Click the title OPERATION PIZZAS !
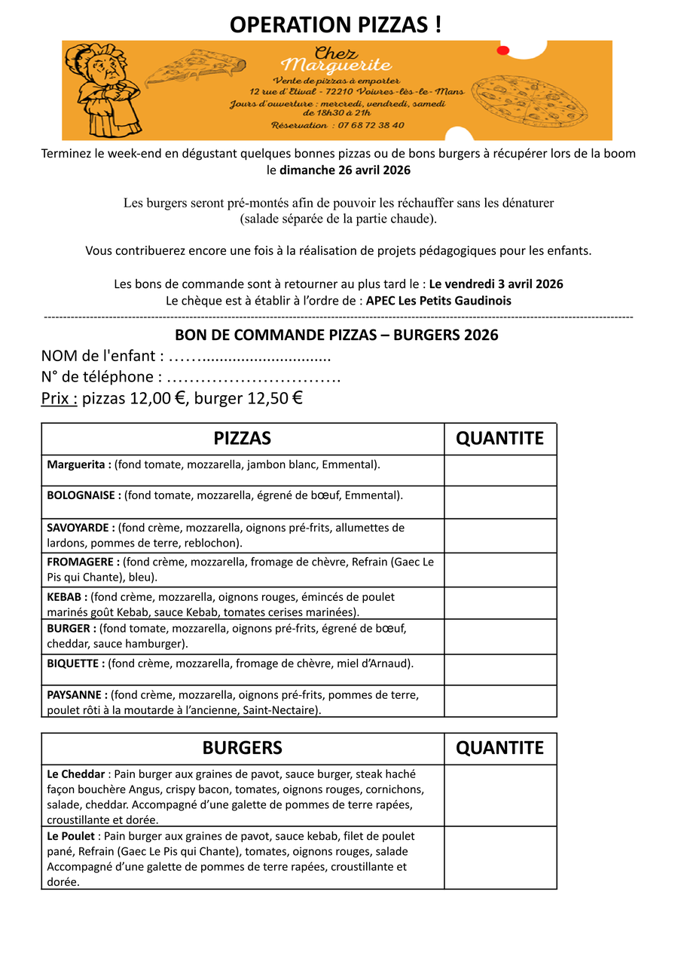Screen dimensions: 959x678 (336, 24)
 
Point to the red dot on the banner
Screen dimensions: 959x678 (503, 51)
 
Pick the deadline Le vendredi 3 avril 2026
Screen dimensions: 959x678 (496, 284)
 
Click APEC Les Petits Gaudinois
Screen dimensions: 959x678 (438, 300)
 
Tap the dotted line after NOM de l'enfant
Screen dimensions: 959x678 (249, 356)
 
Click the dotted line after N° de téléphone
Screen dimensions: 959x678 (253, 377)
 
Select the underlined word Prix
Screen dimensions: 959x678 (59, 398)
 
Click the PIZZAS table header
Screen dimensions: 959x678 (243, 439)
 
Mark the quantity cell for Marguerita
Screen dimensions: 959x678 (500, 470)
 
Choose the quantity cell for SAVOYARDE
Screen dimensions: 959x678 (500, 535)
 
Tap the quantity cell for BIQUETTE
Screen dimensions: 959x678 (500, 669)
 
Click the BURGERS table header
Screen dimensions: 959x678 (243, 748)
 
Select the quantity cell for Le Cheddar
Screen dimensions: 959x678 (500, 795)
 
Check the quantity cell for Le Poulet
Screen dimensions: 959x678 (500, 858)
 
